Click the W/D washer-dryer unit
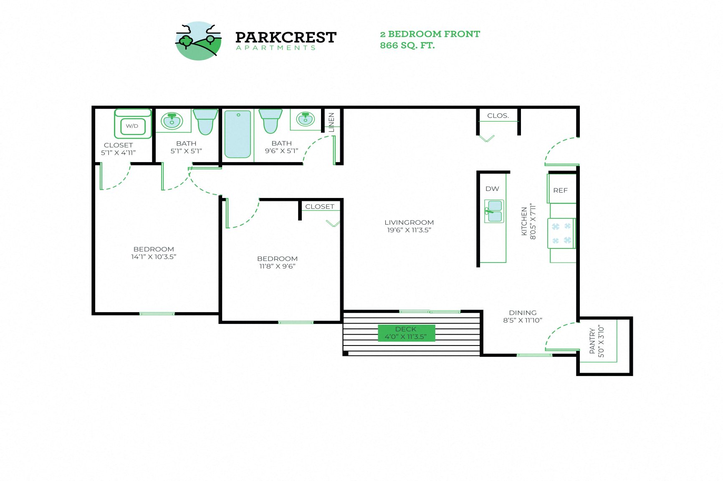(x=132, y=125)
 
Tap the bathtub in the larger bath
(x=238, y=133)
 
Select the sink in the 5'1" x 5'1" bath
(x=172, y=121)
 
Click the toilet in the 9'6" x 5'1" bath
(x=270, y=120)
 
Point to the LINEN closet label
(x=331, y=122)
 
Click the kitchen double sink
(x=494, y=211)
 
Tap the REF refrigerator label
(x=560, y=190)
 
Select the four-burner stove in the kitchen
(x=561, y=233)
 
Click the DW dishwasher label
(x=492, y=189)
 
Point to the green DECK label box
(x=406, y=333)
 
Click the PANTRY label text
(x=592, y=341)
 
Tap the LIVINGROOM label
(x=409, y=223)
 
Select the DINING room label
(x=523, y=313)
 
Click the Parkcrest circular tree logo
(x=198, y=41)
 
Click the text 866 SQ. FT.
(x=407, y=45)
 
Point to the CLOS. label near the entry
(x=498, y=115)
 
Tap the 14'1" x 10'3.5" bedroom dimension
(x=154, y=257)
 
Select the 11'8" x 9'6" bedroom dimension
(x=277, y=266)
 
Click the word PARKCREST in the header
(x=286, y=38)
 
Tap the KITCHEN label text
(x=524, y=221)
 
